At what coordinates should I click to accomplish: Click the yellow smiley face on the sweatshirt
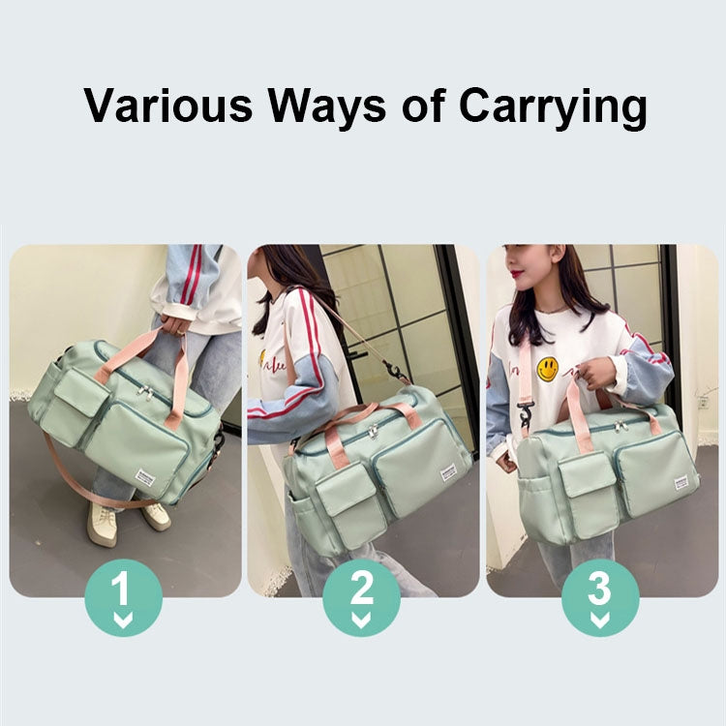coord(548,368)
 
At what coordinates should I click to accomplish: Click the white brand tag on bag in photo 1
coord(146,478)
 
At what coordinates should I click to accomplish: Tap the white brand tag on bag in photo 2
coord(449,473)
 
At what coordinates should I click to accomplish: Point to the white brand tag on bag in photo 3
coord(682,482)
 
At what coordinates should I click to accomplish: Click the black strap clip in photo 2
coord(396,372)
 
